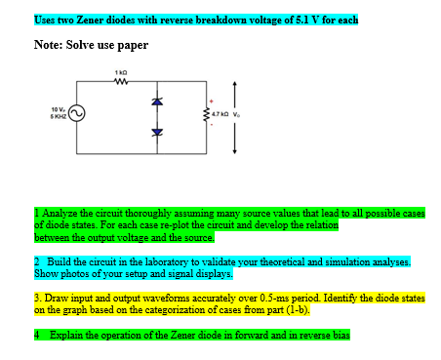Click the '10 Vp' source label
59,109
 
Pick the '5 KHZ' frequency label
59,116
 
